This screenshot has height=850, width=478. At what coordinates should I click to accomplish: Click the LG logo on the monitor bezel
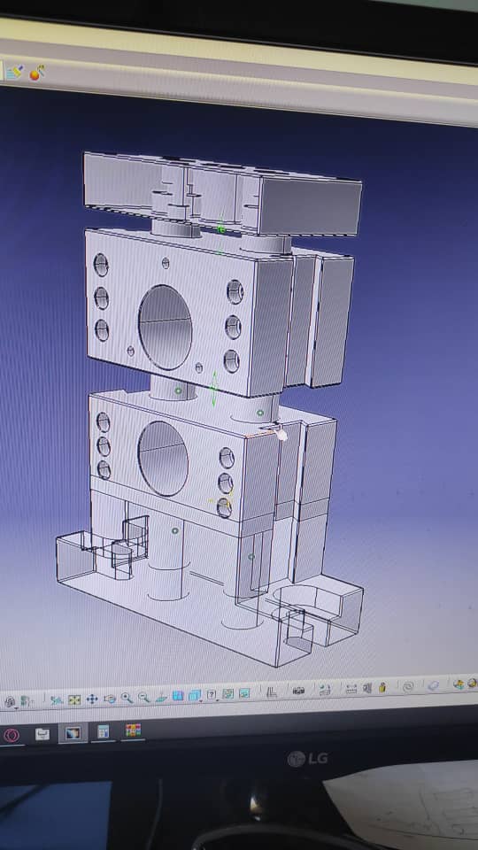tap(307, 759)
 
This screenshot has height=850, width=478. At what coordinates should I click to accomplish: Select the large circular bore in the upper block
tap(165, 328)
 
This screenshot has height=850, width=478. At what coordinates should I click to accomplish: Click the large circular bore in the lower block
tap(163, 459)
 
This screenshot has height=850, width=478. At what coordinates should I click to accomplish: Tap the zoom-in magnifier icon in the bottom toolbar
tap(127, 698)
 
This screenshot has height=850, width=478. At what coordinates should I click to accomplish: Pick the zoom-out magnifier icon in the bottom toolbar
tap(143, 697)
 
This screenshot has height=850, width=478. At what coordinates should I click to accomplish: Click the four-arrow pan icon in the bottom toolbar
tap(92, 699)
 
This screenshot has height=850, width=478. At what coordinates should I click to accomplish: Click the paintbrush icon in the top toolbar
tap(15, 72)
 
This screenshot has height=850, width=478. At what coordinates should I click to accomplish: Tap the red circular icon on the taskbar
tap(12, 736)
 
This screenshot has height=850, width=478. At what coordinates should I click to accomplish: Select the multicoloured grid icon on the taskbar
tap(134, 730)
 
